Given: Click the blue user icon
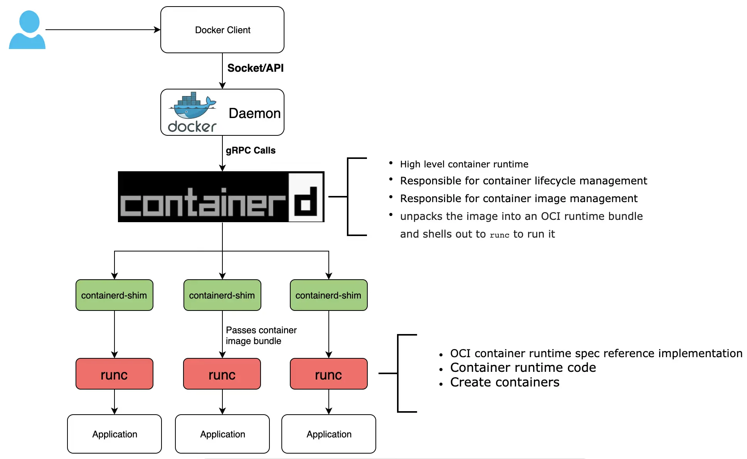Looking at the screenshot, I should click(x=27, y=30).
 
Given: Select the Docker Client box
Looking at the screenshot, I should click(x=222, y=30).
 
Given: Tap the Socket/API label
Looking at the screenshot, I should click(x=255, y=68).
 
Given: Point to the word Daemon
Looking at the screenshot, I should click(x=254, y=113).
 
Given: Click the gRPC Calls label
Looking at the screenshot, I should click(x=251, y=150).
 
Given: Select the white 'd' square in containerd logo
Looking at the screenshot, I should click(x=306, y=197).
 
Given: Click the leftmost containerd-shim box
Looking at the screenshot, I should click(x=114, y=295).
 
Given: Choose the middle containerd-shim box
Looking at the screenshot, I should click(x=222, y=295).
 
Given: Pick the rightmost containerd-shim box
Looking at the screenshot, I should click(x=328, y=295).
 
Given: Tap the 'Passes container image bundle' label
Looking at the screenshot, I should click(x=261, y=336).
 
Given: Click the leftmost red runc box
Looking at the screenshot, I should click(x=114, y=374).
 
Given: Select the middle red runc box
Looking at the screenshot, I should click(x=222, y=374).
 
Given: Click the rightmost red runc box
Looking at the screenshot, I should click(x=328, y=374).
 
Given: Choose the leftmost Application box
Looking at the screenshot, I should click(x=114, y=434).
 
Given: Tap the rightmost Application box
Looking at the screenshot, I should click(x=329, y=434).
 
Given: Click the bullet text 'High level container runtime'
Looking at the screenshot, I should click(x=464, y=164).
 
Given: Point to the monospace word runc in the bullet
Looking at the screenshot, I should click(x=499, y=235).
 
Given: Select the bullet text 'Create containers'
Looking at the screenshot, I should click(x=505, y=382).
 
